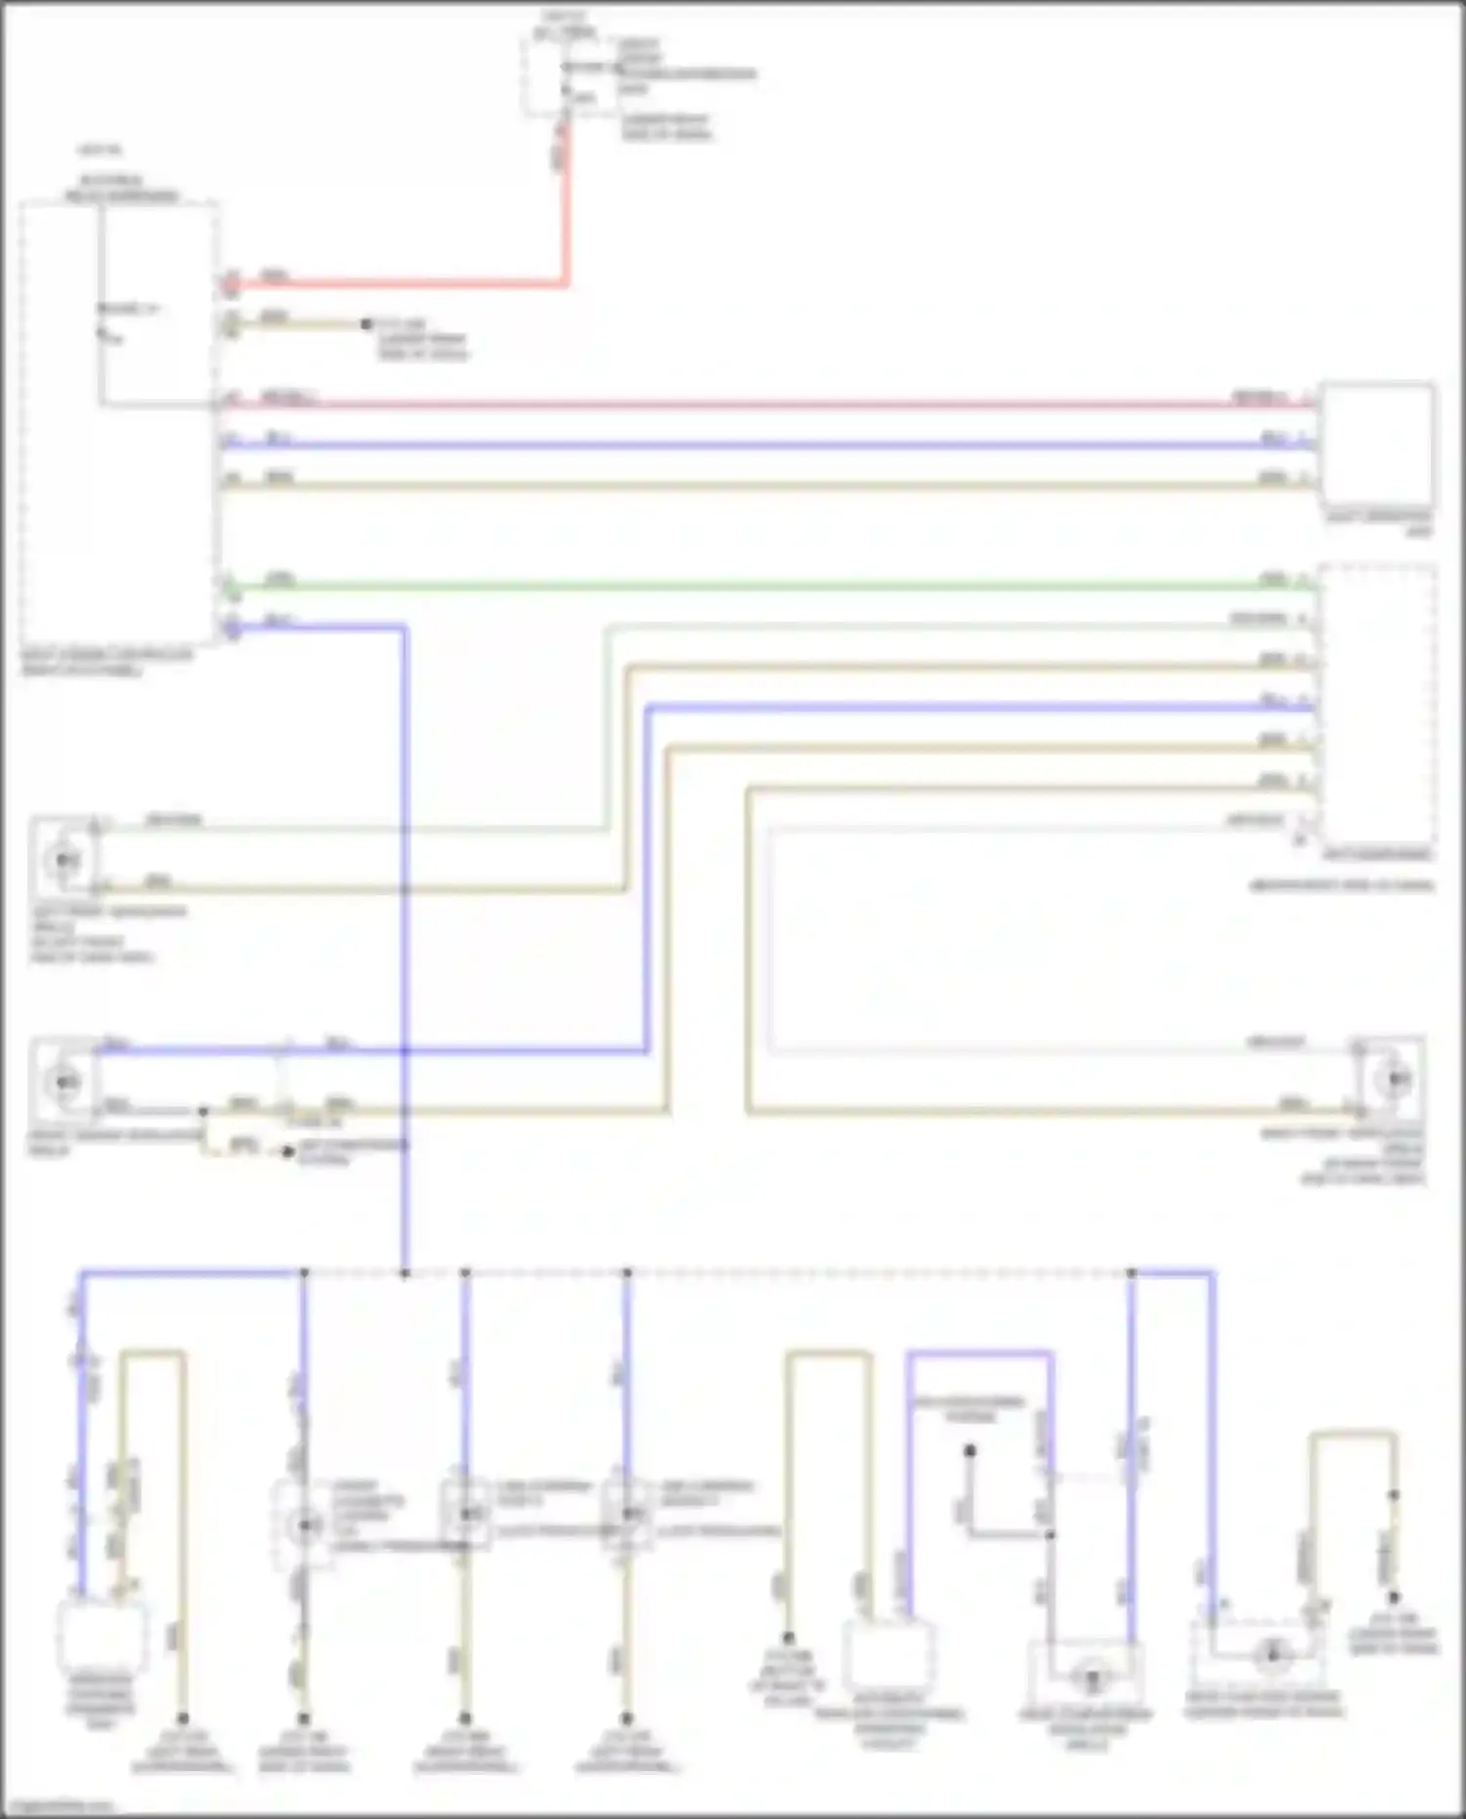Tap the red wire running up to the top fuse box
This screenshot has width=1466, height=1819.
pos(565,215)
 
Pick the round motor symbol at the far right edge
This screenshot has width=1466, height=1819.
pos(1393,1080)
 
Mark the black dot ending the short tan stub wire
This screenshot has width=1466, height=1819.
pos(366,324)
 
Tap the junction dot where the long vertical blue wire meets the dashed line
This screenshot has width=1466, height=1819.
pos(405,1273)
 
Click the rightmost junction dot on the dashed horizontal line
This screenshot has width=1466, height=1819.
pos(1131,1273)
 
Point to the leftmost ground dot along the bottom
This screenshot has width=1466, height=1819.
pos(183,1717)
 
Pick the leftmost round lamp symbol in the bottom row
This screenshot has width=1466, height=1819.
pos(305,1525)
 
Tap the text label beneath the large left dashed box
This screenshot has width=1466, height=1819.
pos(108,662)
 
